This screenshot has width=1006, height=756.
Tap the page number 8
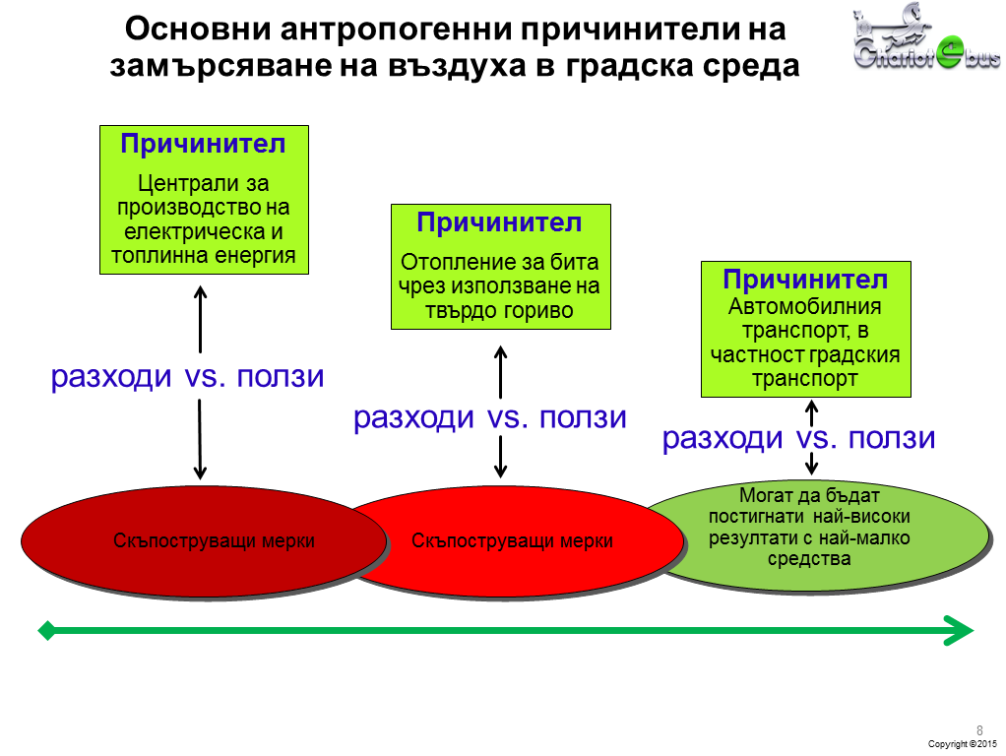point(979,730)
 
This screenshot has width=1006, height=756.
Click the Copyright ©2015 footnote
point(963,744)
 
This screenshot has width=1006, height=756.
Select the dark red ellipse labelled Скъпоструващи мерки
point(204,542)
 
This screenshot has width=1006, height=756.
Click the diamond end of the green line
point(47,630)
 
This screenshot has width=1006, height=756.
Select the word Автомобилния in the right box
point(804,307)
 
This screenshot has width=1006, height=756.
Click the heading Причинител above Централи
point(203,144)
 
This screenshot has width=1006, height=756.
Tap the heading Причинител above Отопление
point(499,222)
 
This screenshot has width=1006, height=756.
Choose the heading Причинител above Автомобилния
point(805,280)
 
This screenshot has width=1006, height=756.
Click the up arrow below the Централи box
point(200,319)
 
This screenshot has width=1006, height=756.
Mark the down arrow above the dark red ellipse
point(200,440)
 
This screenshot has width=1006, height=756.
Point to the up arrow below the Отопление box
point(500,371)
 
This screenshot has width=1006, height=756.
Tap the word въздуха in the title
point(457,66)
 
